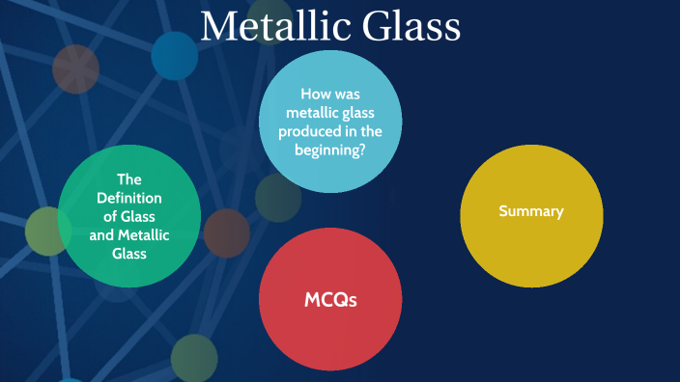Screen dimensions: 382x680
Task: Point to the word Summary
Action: pyautogui.click(x=531, y=210)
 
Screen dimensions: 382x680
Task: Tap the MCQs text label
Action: pyautogui.click(x=330, y=300)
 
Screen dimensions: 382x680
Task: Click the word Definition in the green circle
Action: pyautogui.click(x=129, y=198)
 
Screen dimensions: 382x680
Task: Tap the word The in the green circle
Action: pyautogui.click(x=129, y=178)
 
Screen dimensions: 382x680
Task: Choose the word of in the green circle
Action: pyautogui.click(x=110, y=216)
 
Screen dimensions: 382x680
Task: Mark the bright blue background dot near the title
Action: pyautogui.click(x=175, y=55)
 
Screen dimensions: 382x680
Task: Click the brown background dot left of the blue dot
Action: pyautogui.click(x=75, y=68)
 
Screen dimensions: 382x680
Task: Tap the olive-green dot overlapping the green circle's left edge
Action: pyautogui.click(x=45, y=231)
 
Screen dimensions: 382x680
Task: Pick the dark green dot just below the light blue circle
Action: pyautogui.click(x=276, y=197)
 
